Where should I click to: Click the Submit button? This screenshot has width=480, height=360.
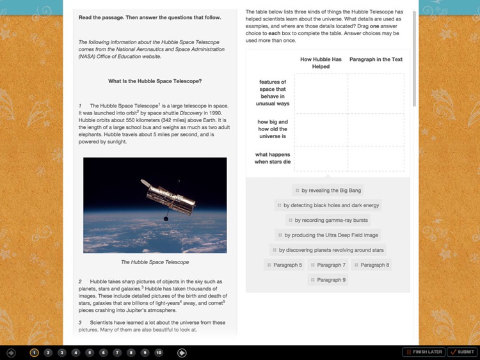pyautogui.click(x=462, y=352)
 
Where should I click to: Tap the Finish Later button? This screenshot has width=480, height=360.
pyautogui.click(x=424, y=352)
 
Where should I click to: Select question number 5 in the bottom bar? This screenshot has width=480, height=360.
pyautogui.click(x=90, y=352)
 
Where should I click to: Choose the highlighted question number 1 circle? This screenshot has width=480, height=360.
pyautogui.click(x=35, y=352)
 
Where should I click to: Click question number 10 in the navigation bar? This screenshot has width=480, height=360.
pyautogui.click(x=159, y=352)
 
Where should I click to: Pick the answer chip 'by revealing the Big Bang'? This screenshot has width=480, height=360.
pyautogui.click(x=328, y=191)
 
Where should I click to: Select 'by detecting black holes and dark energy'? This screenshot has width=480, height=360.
pyautogui.click(x=328, y=205)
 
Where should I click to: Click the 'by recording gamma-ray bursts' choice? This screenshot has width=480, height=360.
pyautogui.click(x=328, y=220)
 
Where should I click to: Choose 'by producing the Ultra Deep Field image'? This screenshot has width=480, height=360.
pyautogui.click(x=328, y=235)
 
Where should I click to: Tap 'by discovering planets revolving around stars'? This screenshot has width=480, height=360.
pyautogui.click(x=328, y=250)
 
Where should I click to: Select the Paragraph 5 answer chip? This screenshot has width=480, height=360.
pyautogui.click(x=284, y=265)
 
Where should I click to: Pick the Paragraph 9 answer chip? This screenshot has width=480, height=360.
pyautogui.click(x=328, y=279)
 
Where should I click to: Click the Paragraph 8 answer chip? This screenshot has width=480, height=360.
pyautogui.click(x=371, y=265)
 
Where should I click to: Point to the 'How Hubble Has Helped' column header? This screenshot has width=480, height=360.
pyautogui.click(x=321, y=63)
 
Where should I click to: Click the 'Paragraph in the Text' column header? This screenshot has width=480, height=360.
pyautogui.click(x=376, y=59)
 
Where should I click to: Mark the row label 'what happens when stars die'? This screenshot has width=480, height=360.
pyautogui.click(x=273, y=158)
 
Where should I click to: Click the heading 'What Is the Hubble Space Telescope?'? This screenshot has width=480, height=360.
pyautogui.click(x=155, y=81)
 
